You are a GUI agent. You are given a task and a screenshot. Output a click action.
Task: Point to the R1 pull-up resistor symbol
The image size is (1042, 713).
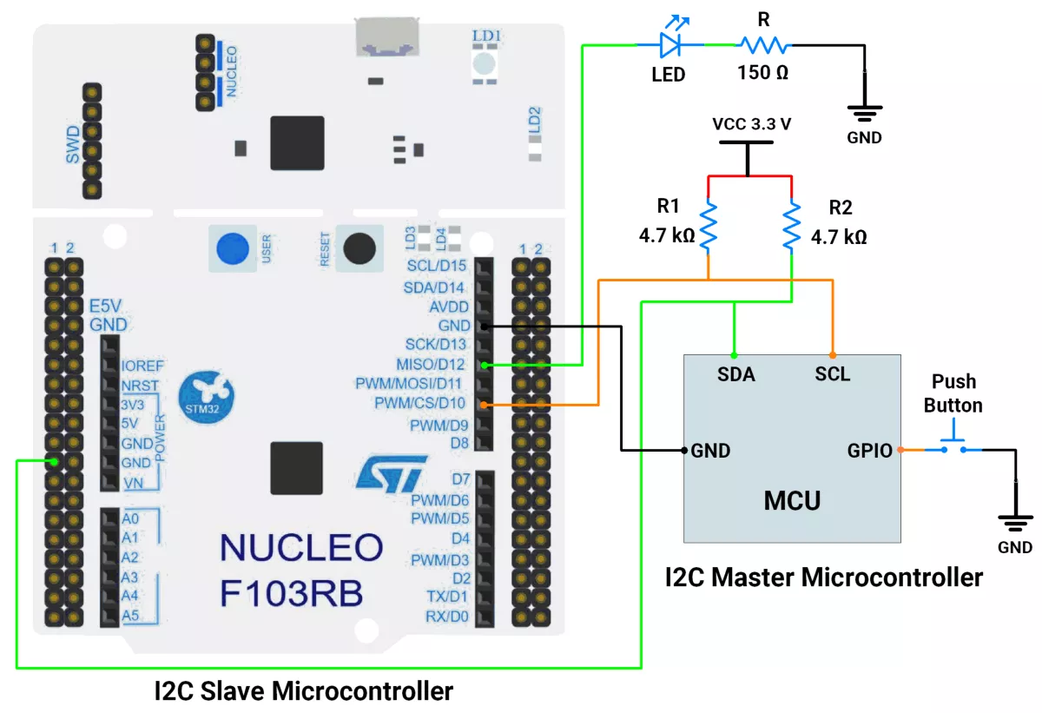pyautogui.click(x=709, y=225)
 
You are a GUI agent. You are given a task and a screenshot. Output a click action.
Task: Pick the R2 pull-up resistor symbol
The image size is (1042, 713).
pyautogui.click(x=791, y=225)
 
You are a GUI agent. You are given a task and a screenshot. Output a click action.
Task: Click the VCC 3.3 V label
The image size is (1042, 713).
pyautogui.click(x=751, y=123)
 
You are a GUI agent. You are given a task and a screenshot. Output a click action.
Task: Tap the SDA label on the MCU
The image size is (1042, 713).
pyautogui.click(x=735, y=375)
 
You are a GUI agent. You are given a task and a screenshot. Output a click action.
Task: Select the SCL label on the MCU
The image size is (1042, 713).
pyautogui.click(x=833, y=375)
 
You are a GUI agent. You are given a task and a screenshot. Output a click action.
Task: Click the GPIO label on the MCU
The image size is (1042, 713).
pyautogui.click(x=870, y=450)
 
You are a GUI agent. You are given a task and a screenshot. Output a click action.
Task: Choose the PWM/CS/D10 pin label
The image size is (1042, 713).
pyautogui.click(x=419, y=404)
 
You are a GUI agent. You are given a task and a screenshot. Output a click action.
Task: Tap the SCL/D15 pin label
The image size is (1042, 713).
pyautogui.click(x=436, y=265)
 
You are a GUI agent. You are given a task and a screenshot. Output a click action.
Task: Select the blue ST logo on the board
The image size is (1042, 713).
pyautogui.click(x=391, y=472)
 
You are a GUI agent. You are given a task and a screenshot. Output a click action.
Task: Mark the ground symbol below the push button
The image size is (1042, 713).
pyautogui.click(x=1015, y=524)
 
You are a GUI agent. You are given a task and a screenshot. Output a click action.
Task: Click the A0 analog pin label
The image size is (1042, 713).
pyautogui.click(x=130, y=518)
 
